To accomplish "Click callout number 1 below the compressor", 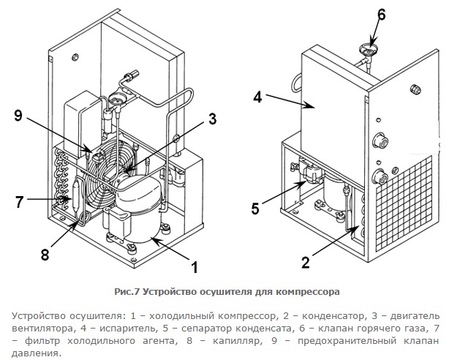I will (195, 266).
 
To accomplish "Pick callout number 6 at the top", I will (382, 14).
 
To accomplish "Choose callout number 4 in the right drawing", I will (257, 96).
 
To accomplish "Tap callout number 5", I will (255, 209).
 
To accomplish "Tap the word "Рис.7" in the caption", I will (128, 291).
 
